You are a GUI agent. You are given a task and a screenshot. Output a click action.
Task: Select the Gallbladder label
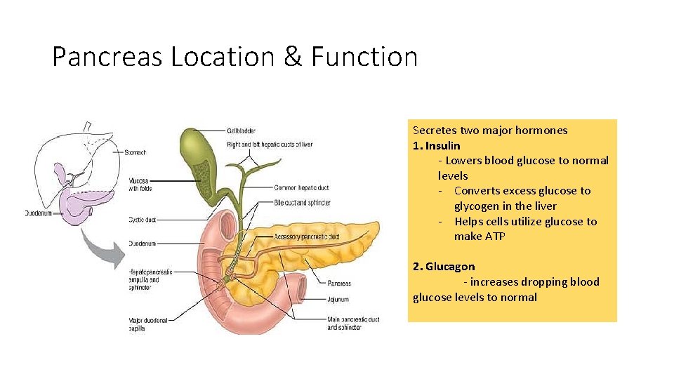pyautogui.click(x=242, y=130)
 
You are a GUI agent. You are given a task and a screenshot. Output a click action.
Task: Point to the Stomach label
pyautogui.click(x=136, y=152)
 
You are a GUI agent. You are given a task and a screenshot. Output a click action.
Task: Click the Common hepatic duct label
pyautogui.click(x=302, y=187)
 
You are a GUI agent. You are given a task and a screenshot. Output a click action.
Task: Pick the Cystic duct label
pyautogui.click(x=142, y=220)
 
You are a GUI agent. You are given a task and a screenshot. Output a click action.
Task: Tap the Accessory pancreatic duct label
pyautogui.click(x=307, y=237)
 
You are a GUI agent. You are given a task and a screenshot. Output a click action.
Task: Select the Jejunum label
pyautogui.click(x=338, y=299)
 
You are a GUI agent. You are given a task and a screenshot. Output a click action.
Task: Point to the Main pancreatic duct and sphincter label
pyautogui.click(x=353, y=324)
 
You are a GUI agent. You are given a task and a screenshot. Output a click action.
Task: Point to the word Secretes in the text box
pyautogui.click(x=434, y=130)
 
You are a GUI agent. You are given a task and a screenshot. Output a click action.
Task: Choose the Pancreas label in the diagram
pyautogui.click(x=339, y=284)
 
